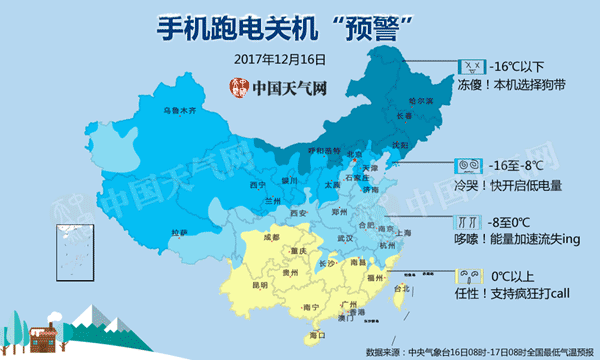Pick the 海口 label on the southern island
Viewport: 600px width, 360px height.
click(318, 336)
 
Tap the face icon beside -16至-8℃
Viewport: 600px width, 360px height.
click(467, 164)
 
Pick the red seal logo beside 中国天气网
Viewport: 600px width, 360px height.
click(236, 87)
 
